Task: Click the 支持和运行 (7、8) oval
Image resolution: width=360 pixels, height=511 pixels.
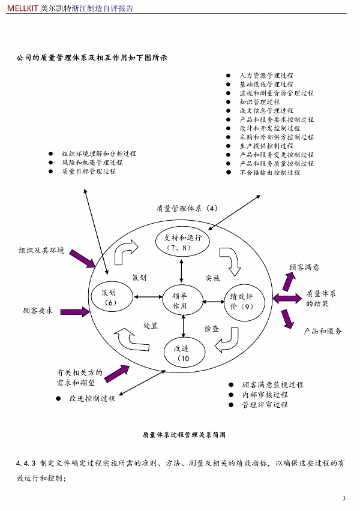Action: pos(182,241)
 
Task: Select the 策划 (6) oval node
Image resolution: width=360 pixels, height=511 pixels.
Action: pos(110,297)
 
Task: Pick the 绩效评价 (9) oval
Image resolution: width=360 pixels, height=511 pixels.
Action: pos(238,300)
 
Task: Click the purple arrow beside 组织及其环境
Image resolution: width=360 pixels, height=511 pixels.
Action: pos(82,258)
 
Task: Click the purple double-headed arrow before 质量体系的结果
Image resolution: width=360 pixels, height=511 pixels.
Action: pos(287,298)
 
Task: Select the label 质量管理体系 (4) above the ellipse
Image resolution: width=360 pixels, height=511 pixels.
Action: pos(187,209)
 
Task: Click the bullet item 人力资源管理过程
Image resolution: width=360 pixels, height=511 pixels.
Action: pos(266,76)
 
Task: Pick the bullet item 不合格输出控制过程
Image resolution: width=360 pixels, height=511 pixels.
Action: pos(270,172)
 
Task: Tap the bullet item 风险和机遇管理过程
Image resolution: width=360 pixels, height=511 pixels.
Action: pos(92,163)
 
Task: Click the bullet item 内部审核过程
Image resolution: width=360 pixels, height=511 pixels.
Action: pos(265,395)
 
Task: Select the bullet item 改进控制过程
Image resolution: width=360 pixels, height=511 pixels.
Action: pos(92,398)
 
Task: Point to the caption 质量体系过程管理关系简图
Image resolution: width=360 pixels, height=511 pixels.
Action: pos(184,435)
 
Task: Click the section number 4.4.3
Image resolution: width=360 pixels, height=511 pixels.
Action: pos(26,464)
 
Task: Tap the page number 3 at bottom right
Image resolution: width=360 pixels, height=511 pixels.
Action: pos(344,498)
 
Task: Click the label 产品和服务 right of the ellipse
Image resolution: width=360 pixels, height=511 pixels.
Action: pos(323,331)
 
